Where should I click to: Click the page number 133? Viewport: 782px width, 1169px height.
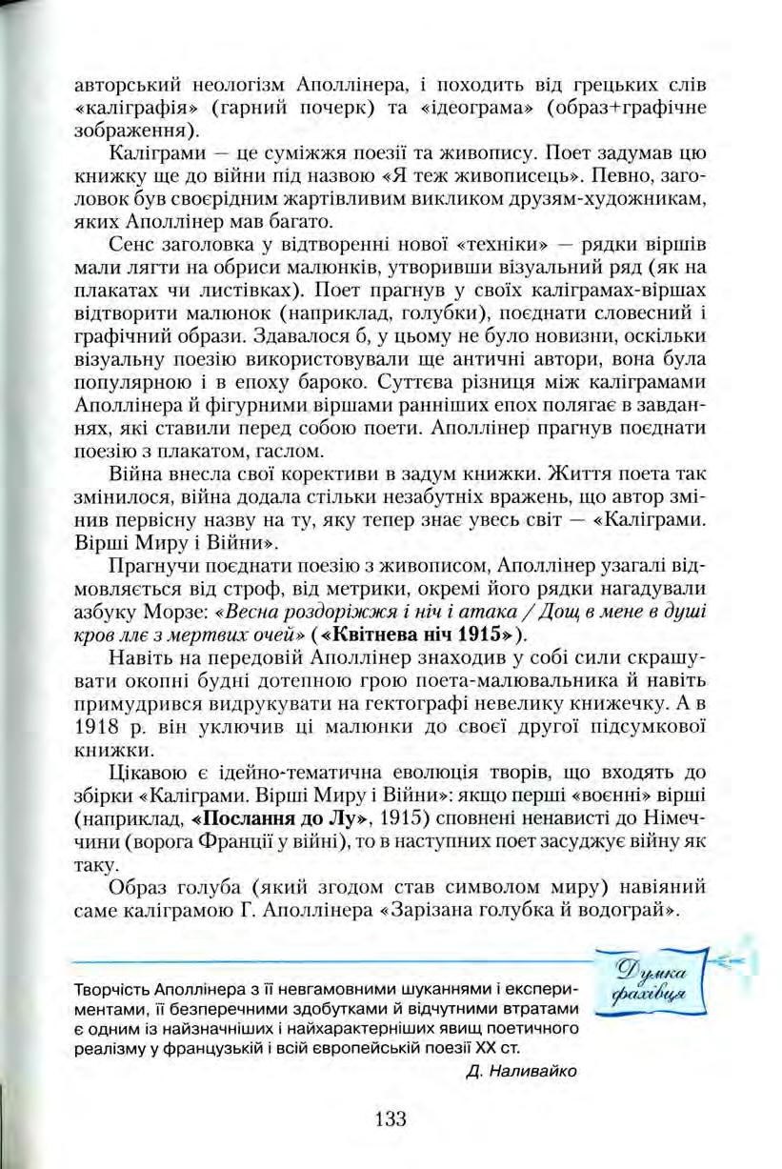(391, 1119)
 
